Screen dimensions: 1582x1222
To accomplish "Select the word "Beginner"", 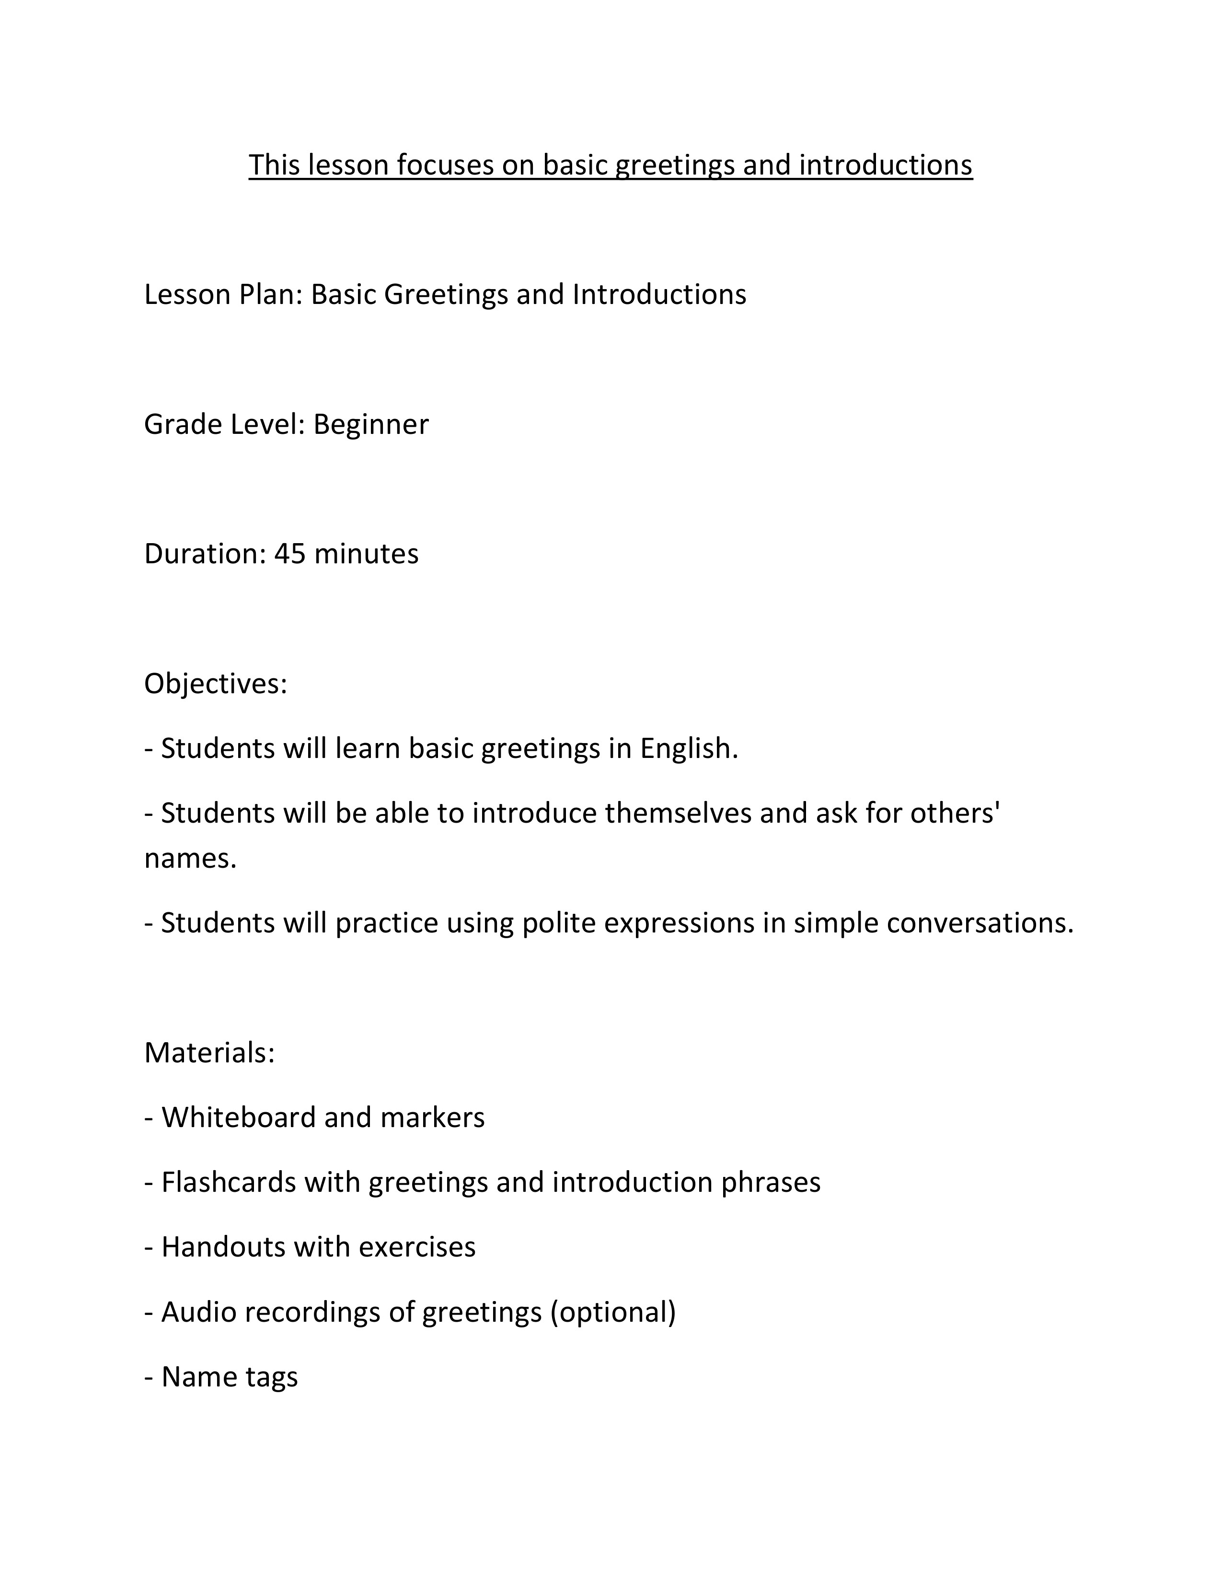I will (x=370, y=424).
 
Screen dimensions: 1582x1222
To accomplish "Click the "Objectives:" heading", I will (x=216, y=684).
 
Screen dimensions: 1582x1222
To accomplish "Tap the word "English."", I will (x=689, y=749).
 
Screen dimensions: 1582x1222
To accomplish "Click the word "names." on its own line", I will (x=190, y=859).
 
